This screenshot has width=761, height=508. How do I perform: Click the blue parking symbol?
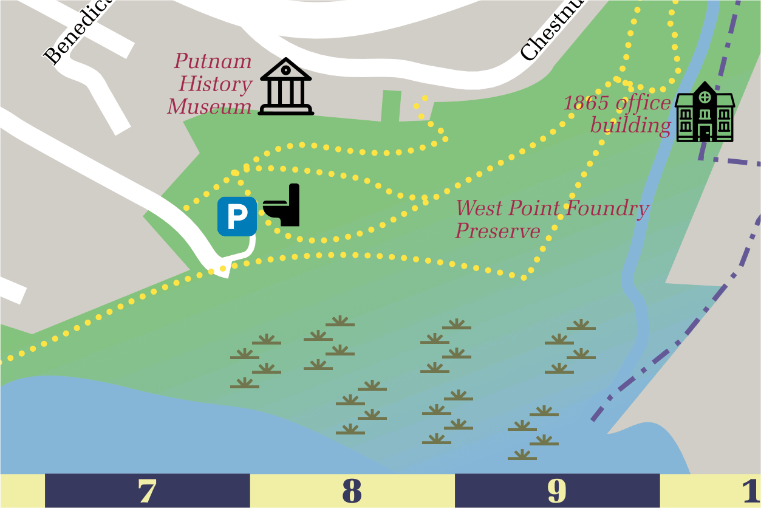pos(237,216)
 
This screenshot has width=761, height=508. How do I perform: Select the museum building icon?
pos(286,87)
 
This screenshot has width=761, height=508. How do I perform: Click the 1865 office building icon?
pos(705,112)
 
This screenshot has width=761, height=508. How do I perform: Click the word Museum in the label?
pos(210,107)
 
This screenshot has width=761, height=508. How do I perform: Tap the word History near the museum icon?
pos(216,84)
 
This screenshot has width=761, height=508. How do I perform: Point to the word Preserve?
pos(498,231)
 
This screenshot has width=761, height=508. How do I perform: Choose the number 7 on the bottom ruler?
pos(147,491)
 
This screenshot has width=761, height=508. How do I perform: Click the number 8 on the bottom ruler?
pos(352,491)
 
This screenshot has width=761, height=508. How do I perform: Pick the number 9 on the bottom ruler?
pos(557,491)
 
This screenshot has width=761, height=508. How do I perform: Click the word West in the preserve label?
pos(480,208)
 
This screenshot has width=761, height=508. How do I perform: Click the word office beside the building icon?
pos(643,103)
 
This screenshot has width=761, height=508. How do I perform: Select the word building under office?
pos(630,126)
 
